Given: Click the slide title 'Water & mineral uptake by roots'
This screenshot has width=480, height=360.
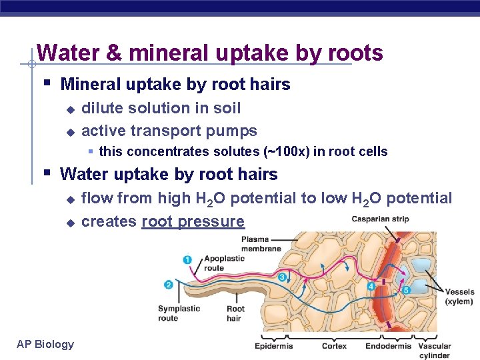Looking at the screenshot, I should click(x=209, y=53).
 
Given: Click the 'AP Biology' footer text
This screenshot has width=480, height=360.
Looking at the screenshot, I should click(x=45, y=344).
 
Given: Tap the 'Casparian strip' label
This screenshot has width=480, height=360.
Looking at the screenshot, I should click(x=380, y=219).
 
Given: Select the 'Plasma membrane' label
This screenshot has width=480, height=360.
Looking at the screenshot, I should click(x=261, y=244).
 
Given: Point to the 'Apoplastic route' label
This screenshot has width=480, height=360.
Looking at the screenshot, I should click(x=224, y=263).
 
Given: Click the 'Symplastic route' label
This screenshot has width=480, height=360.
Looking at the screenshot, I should click(x=179, y=313).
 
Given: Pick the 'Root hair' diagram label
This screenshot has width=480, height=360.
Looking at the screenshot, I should click(x=235, y=313).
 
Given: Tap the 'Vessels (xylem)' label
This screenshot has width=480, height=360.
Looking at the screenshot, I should click(x=460, y=297).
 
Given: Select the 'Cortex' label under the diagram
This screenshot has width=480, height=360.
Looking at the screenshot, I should click(x=334, y=346).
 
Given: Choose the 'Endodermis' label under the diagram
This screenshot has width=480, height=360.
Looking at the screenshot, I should click(x=388, y=346).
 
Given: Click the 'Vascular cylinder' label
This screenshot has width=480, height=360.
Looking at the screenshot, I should click(x=434, y=351).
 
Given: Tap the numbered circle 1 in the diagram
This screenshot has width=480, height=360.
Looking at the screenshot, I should click(x=187, y=259).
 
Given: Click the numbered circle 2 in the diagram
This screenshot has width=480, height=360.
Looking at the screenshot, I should click(x=168, y=285).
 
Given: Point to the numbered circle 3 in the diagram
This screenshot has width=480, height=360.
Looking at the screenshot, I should click(x=283, y=277).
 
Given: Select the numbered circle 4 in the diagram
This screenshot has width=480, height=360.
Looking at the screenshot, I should click(x=371, y=286).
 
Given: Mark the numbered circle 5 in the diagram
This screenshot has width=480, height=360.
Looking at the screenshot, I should click(x=406, y=290).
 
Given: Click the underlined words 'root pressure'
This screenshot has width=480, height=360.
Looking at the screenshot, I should click(x=193, y=221).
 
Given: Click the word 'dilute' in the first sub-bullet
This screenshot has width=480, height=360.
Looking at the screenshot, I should click(x=102, y=108).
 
